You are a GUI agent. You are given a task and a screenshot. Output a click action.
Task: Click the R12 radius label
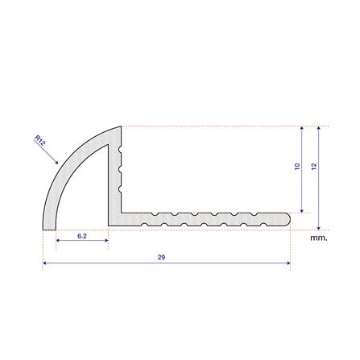click(40, 140)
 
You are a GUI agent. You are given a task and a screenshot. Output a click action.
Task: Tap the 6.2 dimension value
click(82, 236)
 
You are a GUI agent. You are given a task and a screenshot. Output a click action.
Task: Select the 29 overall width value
click(161, 257)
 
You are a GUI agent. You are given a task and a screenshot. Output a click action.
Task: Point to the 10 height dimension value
click(297, 167)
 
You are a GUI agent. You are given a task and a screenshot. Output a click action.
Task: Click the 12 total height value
click(314, 167)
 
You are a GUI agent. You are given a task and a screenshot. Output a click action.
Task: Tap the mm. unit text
click(319, 238)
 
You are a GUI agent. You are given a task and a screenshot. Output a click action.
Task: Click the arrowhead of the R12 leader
click(56, 162)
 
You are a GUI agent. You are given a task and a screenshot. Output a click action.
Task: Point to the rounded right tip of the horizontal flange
click(289, 218)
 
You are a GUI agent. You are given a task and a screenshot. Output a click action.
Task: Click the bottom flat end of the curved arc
click(49, 230)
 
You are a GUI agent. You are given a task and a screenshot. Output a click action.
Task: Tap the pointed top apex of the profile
click(121, 126)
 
